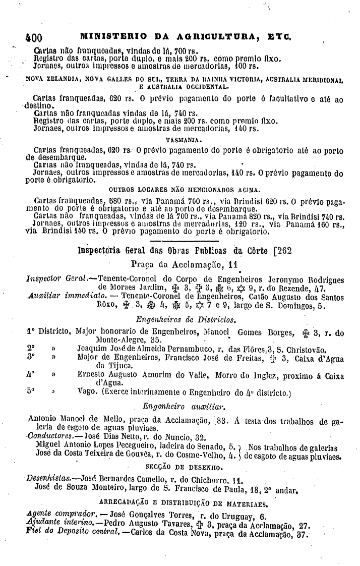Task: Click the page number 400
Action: tap(34, 37)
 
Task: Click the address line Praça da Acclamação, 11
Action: tap(184, 264)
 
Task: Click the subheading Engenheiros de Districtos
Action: tap(179, 320)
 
